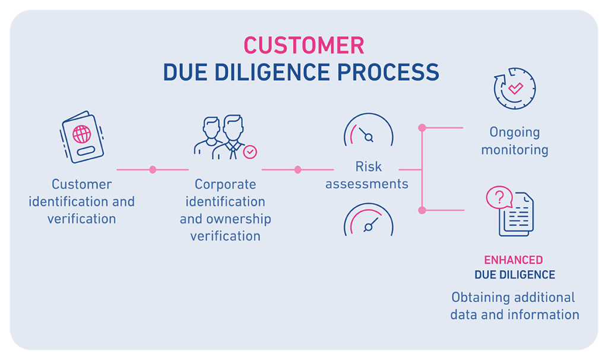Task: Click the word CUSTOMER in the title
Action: coord(303,46)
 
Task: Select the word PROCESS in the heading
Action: coord(389,72)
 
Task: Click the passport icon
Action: coord(83,137)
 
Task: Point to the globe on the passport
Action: coord(82,134)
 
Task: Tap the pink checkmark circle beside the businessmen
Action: coord(251,152)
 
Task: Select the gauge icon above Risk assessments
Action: coord(368,131)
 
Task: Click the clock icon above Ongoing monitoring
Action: coord(515,89)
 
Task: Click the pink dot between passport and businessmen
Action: coord(153,170)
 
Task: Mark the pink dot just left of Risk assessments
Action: coord(297,170)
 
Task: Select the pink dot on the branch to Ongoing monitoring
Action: coord(422,128)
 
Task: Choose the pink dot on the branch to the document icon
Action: coord(422,210)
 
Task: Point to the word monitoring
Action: coord(515,150)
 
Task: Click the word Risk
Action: coord(367,166)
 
